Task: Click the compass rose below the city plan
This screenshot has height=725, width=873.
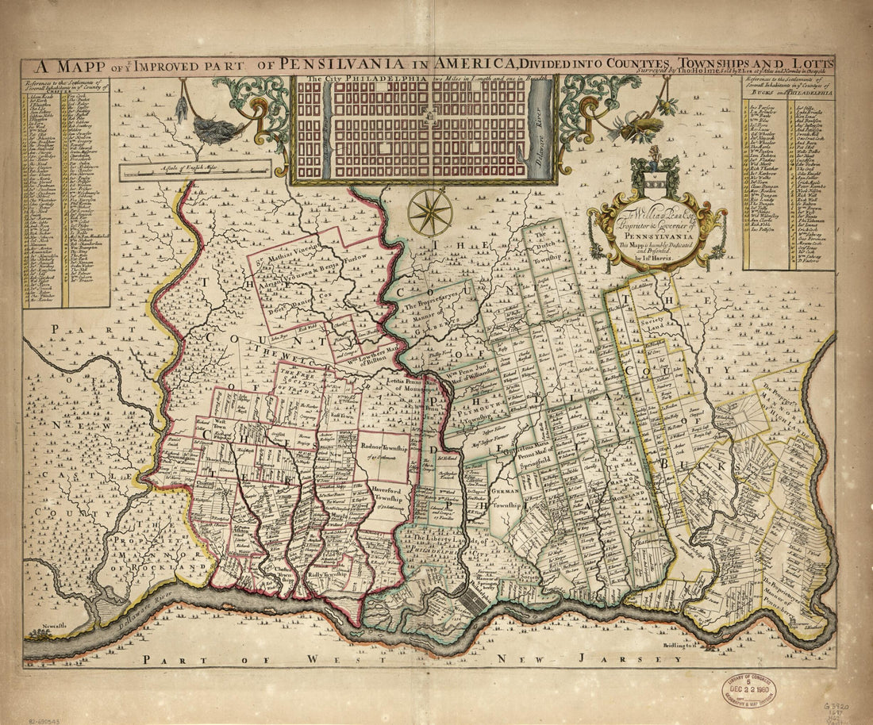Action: pyautogui.click(x=431, y=212)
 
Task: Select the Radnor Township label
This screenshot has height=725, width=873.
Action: pyautogui.click(x=384, y=446)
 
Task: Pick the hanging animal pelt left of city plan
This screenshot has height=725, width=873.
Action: pyautogui.click(x=208, y=128)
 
